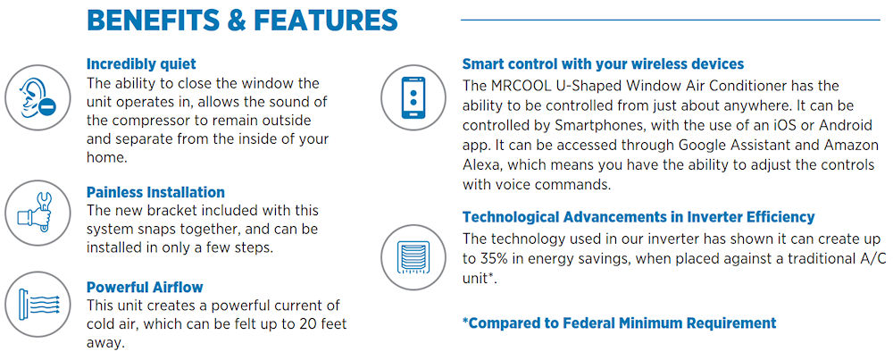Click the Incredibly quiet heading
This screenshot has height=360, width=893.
click(141, 63)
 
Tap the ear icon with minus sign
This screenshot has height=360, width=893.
click(38, 97)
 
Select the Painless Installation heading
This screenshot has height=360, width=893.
click(155, 192)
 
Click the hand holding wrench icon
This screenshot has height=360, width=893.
click(38, 213)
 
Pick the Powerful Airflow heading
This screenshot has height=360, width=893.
click(145, 287)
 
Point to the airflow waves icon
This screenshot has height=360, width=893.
click(38, 305)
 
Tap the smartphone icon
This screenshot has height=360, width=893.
click(413, 97)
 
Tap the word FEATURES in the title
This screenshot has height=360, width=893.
click(325, 20)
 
